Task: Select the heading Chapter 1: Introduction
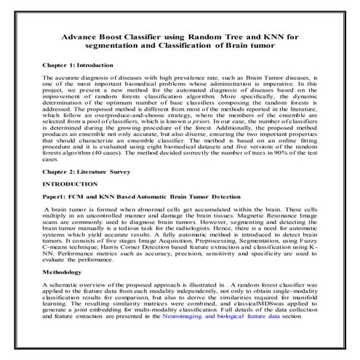(x=76, y=64)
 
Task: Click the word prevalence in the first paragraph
(x=170, y=76)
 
